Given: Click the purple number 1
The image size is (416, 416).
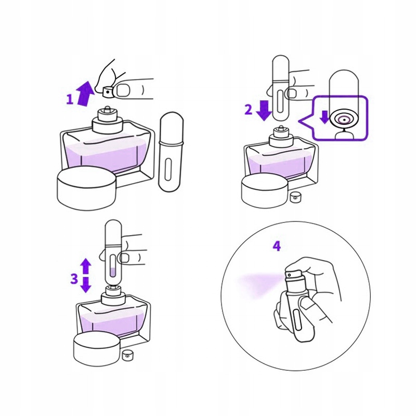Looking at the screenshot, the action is pos(70,99).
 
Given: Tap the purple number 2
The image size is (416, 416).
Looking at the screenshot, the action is pos(249,110).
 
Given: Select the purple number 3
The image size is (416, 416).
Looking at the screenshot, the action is pos(74,279).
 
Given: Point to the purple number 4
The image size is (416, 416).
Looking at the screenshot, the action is pos(277,246).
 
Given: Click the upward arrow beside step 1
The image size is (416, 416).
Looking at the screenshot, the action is pos(85,94).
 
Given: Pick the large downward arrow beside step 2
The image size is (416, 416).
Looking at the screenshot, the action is pos(264,110).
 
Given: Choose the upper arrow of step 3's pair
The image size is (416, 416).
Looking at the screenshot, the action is pos(85,266).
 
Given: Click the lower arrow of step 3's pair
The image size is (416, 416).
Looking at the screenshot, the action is pos(85,284).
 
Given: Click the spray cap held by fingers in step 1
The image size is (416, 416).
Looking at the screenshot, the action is pos(108,92).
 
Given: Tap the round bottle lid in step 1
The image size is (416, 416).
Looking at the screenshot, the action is pos(86,189).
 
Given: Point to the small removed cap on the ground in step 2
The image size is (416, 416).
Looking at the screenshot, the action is pos(294,197).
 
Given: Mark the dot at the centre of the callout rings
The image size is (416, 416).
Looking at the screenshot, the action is pos(344,120).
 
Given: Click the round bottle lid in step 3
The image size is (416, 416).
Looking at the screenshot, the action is pos(97,349).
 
